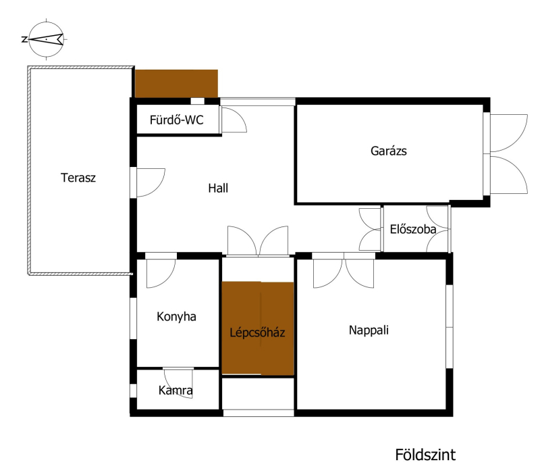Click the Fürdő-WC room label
176,120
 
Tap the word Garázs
389,151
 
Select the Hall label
218,188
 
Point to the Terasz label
78,178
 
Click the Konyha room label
176,316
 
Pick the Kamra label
175,391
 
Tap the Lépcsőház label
257,332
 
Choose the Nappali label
369,330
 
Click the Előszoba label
413,229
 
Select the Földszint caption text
425,455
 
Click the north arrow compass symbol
46,39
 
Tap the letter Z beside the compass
24,39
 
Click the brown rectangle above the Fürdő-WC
176,83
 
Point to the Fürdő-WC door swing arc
238,115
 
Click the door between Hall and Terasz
151,182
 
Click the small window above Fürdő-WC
197,101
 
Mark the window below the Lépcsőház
259,413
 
